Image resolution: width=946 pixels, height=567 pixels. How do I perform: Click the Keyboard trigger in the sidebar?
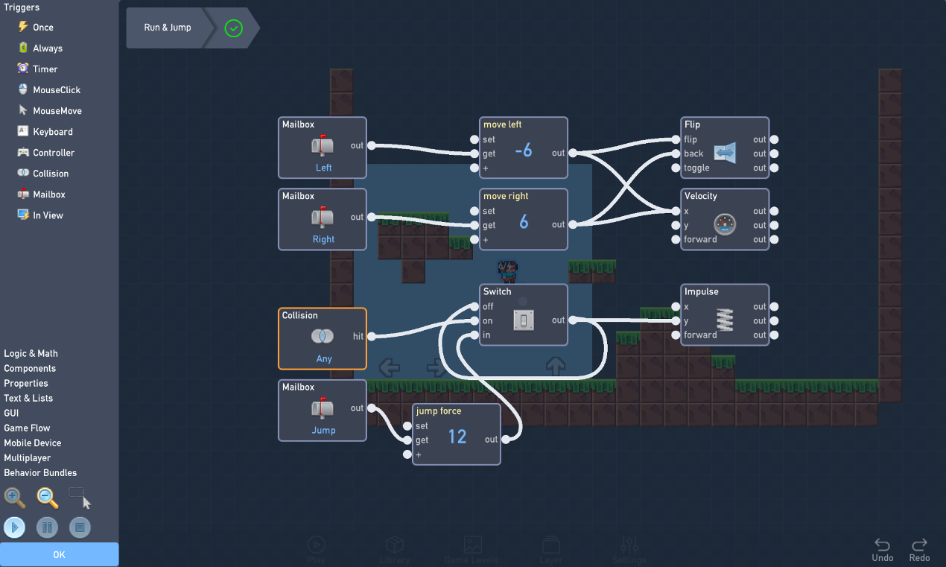pos(52,132)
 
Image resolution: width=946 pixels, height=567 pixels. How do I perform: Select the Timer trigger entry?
pos(45,69)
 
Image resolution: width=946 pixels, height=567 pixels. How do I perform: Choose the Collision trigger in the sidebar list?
pos(50,174)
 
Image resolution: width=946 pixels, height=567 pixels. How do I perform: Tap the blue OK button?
pos(59,554)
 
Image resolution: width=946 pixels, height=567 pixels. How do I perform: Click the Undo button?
pos(882,550)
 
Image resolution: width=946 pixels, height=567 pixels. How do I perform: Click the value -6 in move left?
pos(524,151)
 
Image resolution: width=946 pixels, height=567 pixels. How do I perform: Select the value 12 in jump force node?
pos(457,437)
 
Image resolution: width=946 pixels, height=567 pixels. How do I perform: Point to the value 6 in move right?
pos(524,222)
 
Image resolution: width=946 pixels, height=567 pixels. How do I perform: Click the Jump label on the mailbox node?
pos(323,430)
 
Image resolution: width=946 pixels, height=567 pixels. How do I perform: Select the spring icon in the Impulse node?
pos(724,320)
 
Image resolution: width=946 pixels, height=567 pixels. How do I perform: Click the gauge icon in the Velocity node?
pos(724,224)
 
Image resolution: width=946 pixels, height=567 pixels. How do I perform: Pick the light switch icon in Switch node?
pos(524,320)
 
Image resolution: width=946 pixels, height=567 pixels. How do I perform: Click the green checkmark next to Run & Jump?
pos(234,28)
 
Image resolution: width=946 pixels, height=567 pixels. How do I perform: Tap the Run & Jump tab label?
pos(168,28)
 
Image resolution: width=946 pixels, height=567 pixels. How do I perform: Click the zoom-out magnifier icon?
pos(47,497)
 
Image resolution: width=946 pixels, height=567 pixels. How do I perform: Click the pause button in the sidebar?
pos(47,528)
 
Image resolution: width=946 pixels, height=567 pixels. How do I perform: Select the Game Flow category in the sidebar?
pos(27,428)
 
